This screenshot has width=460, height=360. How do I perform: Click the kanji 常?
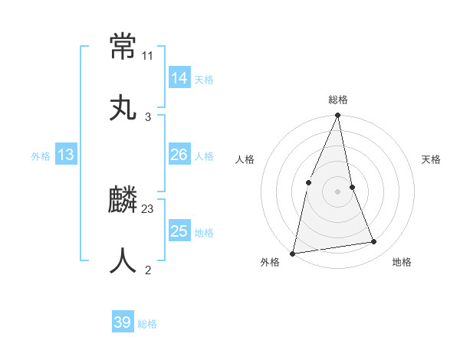(123, 47)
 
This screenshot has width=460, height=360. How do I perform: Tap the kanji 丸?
(123, 107)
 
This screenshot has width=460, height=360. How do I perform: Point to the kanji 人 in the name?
(123, 260)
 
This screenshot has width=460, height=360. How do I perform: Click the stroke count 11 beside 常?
(148, 56)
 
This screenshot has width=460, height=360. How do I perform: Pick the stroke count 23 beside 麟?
(148, 208)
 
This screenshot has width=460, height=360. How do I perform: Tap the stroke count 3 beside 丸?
(148, 116)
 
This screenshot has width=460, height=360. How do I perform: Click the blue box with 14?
(179, 78)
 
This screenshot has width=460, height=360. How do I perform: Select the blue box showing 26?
(179, 155)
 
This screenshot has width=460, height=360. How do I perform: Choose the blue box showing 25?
(179, 231)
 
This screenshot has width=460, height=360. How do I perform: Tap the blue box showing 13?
(65, 155)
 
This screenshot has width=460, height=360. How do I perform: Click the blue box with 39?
(122, 322)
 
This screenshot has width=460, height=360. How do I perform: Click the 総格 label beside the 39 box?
(147, 324)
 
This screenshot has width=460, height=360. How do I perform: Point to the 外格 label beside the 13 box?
(41, 156)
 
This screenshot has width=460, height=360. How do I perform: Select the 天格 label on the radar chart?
(432, 159)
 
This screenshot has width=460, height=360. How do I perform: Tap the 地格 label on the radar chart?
(402, 262)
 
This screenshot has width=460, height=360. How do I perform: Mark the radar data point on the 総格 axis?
(337, 116)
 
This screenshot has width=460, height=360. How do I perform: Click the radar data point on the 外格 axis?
(292, 253)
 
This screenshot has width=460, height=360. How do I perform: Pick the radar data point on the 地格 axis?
(374, 242)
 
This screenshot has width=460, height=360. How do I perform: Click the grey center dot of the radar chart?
(337, 191)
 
